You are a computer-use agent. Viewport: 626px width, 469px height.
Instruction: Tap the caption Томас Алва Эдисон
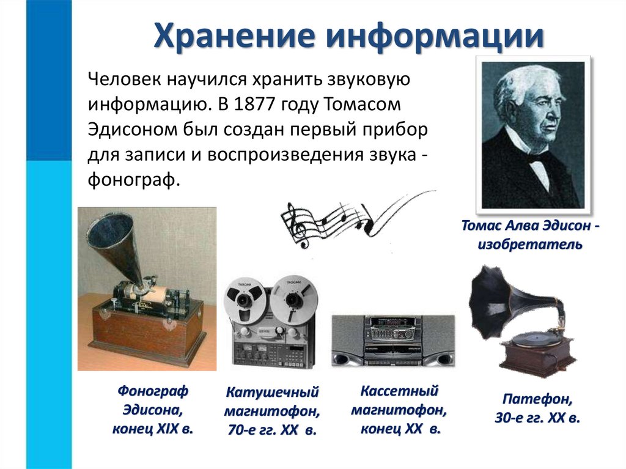click(529, 226)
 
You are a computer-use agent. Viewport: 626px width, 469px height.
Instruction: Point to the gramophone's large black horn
click(498, 300)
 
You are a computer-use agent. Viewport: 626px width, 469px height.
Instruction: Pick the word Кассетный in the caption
click(400, 391)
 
